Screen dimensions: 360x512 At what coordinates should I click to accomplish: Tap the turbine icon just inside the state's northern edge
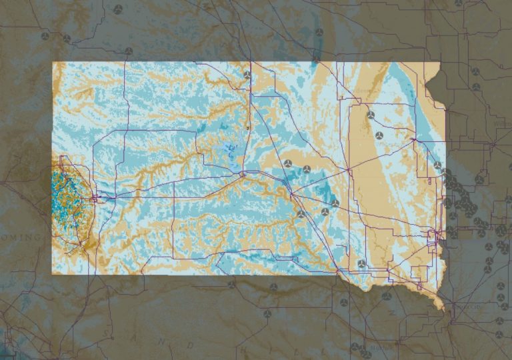point(247,75)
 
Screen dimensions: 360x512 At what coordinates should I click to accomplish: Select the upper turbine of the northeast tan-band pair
point(370,115)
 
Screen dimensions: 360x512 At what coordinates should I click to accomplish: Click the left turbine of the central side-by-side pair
point(288,163)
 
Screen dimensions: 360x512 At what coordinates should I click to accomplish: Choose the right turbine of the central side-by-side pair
point(307,169)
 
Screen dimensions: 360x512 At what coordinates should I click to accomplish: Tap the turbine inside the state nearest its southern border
point(362,264)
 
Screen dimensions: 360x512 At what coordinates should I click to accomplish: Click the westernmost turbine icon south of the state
point(231,285)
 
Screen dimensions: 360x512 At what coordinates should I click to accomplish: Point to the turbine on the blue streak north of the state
point(319,32)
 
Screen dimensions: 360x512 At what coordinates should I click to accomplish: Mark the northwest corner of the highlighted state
point(53,63)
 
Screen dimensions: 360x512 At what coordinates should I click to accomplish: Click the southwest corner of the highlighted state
point(53,274)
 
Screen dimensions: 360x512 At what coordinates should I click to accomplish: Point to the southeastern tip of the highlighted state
point(440,310)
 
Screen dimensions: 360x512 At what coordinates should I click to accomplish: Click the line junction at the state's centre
point(243,173)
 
